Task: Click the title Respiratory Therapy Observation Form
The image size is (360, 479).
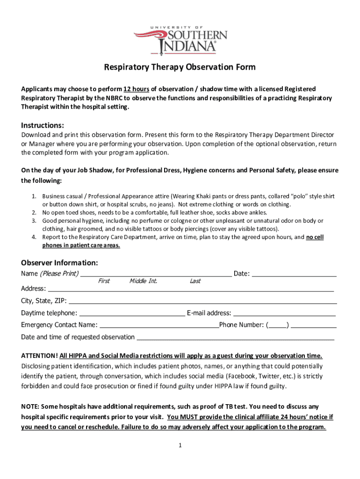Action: click(x=180, y=67)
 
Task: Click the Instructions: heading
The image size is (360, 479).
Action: click(x=43, y=125)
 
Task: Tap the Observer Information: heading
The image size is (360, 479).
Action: click(x=59, y=262)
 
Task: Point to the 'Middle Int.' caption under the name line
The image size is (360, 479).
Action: click(x=143, y=281)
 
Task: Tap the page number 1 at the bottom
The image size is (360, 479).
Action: click(x=180, y=445)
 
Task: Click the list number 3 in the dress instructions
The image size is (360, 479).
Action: click(x=34, y=220)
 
